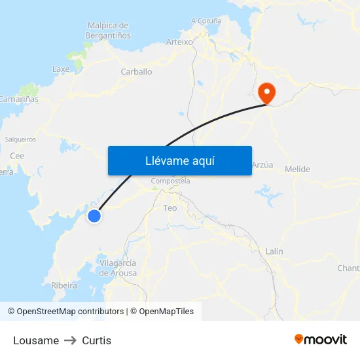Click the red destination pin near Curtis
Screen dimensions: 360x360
[x=267, y=92]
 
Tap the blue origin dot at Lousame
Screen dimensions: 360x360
[x=94, y=215]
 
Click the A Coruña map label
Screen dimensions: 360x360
[x=206, y=20]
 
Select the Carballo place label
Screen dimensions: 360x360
[x=136, y=72]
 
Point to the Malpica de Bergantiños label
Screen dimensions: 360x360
[x=108, y=30]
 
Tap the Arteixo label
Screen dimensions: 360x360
[x=179, y=41]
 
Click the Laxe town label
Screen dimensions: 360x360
[x=61, y=69]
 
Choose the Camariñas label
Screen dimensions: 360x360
[x=18, y=99]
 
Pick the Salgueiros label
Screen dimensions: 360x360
[x=20, y=139]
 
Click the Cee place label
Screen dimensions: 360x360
[x=17, y=156]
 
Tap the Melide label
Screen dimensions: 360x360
[x=298, y=170]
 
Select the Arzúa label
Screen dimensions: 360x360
[x=262, y=165]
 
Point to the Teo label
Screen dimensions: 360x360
[x=170, y=207]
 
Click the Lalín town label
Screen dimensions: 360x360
[x=274, y=251]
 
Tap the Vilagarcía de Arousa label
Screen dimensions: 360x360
[x=118, y=268]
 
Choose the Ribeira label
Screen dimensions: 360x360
[x=63, y=285]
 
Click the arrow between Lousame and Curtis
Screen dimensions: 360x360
[x=70, y=340]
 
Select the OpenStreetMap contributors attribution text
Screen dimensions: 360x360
[x=70, y=312]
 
